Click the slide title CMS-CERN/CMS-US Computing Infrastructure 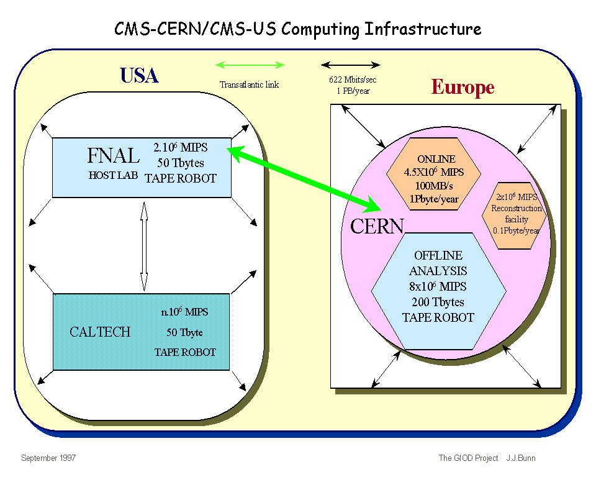click(x=298, y=29)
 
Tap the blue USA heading click(x=139, y=76)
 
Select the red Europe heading click(x=463, y=88)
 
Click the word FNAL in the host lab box click(x=114, y=157)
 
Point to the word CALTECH click(x=100, y=332)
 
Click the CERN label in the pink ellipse click(x=377, y=226)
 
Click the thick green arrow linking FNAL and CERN click(x=298, y=177)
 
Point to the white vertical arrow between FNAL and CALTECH click(x=143, y=245)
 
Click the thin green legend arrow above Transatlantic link click(x=250, y=65)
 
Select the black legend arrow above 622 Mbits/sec click(x=351, y=65)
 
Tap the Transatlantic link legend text click(x=250, y=84)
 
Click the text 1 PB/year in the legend click(x=352, y=89)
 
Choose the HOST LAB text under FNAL click(x=113, y=175)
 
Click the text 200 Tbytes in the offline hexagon click(x=438, y=302)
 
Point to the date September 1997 click(x=48, y=458)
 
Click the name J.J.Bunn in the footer click(x=520, y=458)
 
